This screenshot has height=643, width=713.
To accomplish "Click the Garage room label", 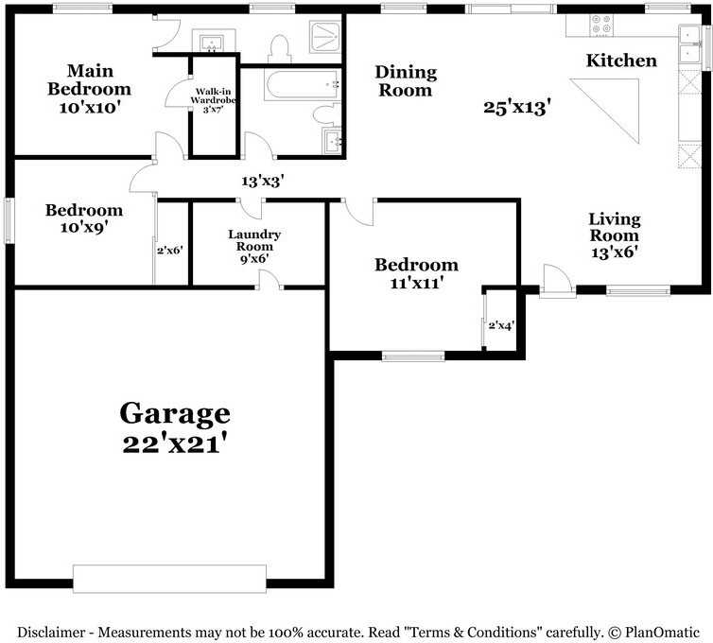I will tap(175, 413).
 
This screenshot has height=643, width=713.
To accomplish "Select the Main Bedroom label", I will tap(90, 80).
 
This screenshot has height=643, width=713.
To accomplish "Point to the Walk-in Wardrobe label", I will tap(214, 99).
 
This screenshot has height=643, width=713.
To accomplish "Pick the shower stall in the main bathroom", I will tap(325, 43).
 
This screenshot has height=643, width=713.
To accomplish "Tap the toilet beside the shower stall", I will tap(278, 48).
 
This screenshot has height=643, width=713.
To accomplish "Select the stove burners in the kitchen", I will tap(600, 26).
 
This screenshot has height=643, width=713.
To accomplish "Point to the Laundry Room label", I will tap(254, 240).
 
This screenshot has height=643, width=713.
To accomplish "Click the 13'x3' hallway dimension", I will tap(263, 180).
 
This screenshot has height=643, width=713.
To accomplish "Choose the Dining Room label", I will tap(406, 81).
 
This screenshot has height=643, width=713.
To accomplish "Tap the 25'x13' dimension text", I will tap(516, 107).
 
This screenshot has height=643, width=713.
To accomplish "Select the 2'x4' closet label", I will tap(501, 325).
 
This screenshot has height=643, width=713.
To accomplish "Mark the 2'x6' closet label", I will tap(170, 252).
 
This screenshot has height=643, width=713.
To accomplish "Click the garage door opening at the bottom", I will tap(169, 578).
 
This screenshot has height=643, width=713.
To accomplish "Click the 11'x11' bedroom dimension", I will tap(415, 282).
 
